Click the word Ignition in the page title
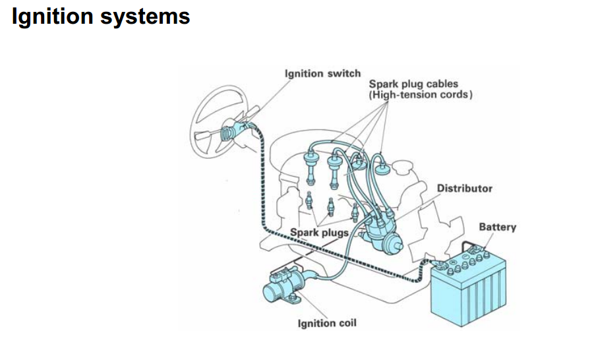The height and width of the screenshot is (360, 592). tap(53, 16)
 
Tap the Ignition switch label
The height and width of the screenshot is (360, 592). tap(322, 73)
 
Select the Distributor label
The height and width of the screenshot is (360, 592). tap(464, 189)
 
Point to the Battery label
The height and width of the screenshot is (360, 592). tap(497, 227)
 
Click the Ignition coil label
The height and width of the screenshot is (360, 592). tap(328, 324)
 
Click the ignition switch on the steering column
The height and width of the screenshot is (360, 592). tap(232, 131)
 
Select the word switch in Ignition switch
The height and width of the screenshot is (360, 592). tap(345, 73)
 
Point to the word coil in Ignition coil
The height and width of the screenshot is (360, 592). tap(347, 324)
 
